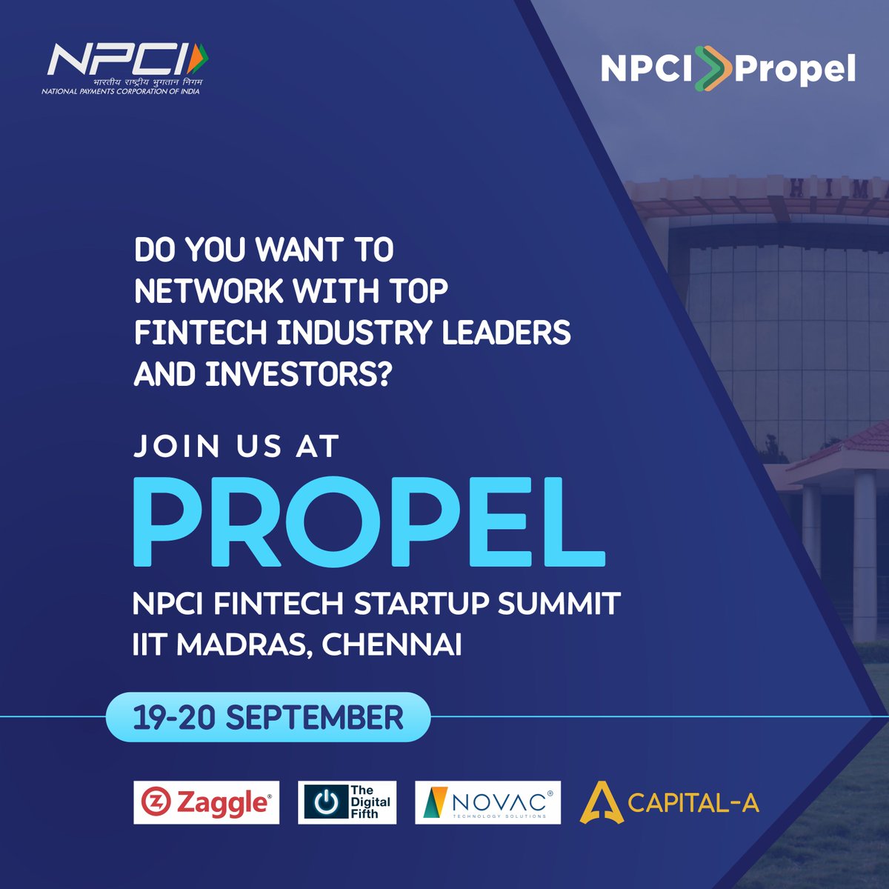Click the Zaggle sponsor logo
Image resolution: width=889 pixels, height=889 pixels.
(x=207, y=802)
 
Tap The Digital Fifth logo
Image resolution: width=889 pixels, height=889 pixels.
(x=347, y=802)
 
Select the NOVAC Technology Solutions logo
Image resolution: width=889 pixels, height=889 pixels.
(x=487, y=802)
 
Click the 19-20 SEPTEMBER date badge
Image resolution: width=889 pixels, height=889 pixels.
(x=267, y=718)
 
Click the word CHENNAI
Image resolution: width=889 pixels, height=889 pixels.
(x=392, y=645)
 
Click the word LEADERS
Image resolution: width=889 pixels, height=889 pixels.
(x=507, y=333)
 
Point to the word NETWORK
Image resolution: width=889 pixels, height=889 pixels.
(x=208, y=292)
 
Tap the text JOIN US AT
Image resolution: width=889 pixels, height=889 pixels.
(x=236, y=447)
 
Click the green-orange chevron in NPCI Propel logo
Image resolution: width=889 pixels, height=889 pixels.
(x=713, y=69)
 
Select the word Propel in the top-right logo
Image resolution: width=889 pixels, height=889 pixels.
(x=795, y=70)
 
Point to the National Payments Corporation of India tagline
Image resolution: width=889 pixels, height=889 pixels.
(x=121, y=92)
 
